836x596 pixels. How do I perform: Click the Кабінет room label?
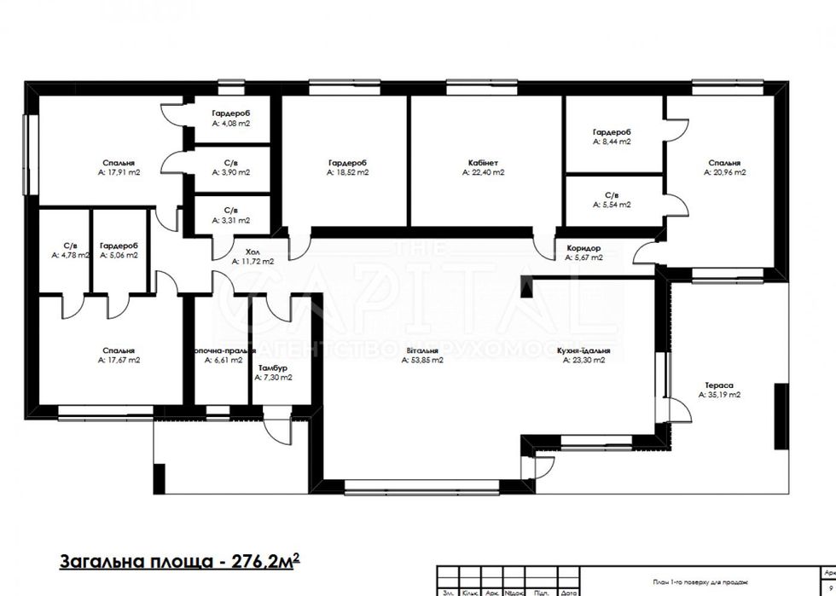[x=482, y=162]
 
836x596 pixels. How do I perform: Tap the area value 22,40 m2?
[x=484, y=172]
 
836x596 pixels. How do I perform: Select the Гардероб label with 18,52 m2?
[x=346, y=162]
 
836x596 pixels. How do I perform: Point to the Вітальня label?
[x=422, y=350]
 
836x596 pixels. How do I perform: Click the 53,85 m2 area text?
[x=422, y=361]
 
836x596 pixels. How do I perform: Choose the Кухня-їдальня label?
[x=583, y=350]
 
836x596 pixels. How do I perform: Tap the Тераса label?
[x=718, y=385]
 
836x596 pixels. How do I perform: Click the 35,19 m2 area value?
[x=718, y=396]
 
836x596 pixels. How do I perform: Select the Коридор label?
[x=583, y=247]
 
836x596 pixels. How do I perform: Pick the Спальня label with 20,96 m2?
[x=723, y=162]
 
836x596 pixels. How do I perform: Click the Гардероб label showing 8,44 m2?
[x=612, y=132]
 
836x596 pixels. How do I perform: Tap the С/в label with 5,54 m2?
[x=612, y=194]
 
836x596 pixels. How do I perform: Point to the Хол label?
[x=252, y=252]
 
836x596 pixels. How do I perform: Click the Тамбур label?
[x=272, y=367]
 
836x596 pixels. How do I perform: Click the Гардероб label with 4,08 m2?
[x=230, y=113]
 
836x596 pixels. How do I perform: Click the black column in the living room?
[x=528, y=286]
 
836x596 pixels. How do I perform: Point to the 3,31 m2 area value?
[x=230, y=220]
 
